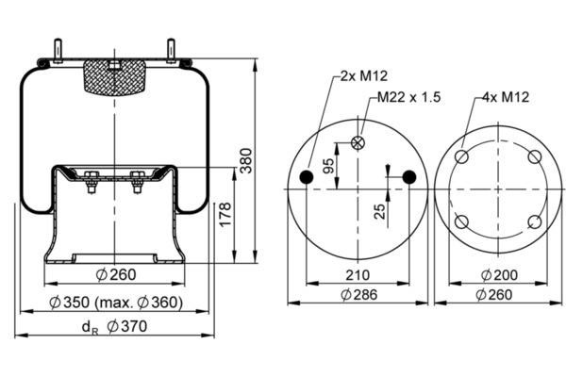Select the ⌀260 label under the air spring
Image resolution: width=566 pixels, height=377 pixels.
(x=117, y=275)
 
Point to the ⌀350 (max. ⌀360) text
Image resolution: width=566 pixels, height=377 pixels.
(x=116, y=303)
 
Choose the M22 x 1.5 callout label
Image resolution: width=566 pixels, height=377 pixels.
(x=408, y=97)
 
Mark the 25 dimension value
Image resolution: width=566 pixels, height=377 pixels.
(x=378, y=210)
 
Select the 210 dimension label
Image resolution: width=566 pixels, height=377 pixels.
(x=357, y=275)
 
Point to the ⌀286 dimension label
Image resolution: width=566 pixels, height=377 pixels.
(x=357, y=294)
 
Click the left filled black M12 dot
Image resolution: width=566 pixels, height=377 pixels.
(x=306, y=177)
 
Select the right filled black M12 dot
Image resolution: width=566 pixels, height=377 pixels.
(x=408, y=177)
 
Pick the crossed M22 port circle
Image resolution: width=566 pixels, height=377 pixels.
(x=358, y=142)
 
